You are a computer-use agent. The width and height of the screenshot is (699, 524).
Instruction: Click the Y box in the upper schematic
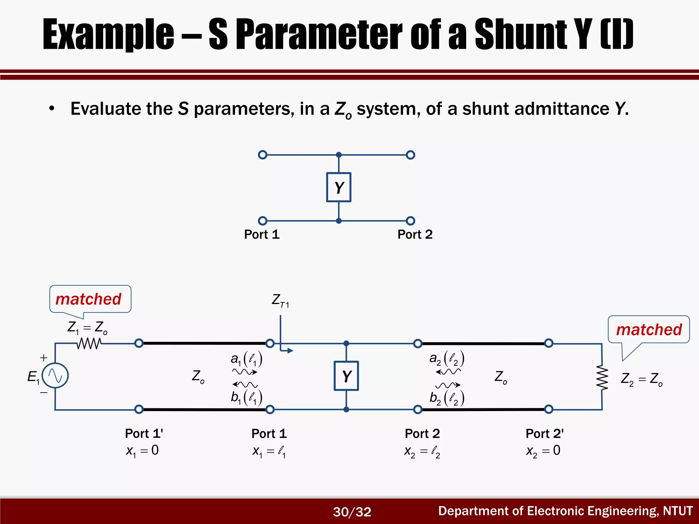pos(339,187)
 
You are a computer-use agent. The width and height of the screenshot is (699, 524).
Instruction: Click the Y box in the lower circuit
pos(346,376)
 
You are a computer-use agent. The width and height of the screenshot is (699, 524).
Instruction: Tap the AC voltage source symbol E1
pos(55,376)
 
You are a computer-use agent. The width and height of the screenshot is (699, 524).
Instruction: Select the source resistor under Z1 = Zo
pos(89,344)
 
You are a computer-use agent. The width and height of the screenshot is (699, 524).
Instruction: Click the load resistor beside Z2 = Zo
pos(602,377)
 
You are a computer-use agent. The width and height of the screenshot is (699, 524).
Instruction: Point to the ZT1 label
pos(280,301)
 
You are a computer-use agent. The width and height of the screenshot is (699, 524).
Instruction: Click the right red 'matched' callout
pos(648,330)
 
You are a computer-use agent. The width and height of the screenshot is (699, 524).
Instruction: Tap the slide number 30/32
pos(352,512)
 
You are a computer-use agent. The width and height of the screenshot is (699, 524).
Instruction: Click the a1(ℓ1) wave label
pos(246,359)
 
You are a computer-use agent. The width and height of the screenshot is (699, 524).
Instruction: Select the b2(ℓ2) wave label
pos(447,398)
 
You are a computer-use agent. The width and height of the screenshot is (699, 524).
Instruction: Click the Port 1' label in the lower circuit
pos(144,434)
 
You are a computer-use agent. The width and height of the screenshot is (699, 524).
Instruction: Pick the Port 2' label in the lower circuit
pos(544,434)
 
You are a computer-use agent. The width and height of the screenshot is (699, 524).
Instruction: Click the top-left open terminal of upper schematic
pos(262,155)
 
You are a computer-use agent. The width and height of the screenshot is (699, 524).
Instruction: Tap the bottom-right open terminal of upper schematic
pos(411,221)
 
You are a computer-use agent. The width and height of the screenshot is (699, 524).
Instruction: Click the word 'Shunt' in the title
pos(520,34)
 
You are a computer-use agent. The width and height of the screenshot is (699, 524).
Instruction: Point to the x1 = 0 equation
pos(142,451)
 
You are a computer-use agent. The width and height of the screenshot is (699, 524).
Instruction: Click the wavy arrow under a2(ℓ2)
pos(448,372)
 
